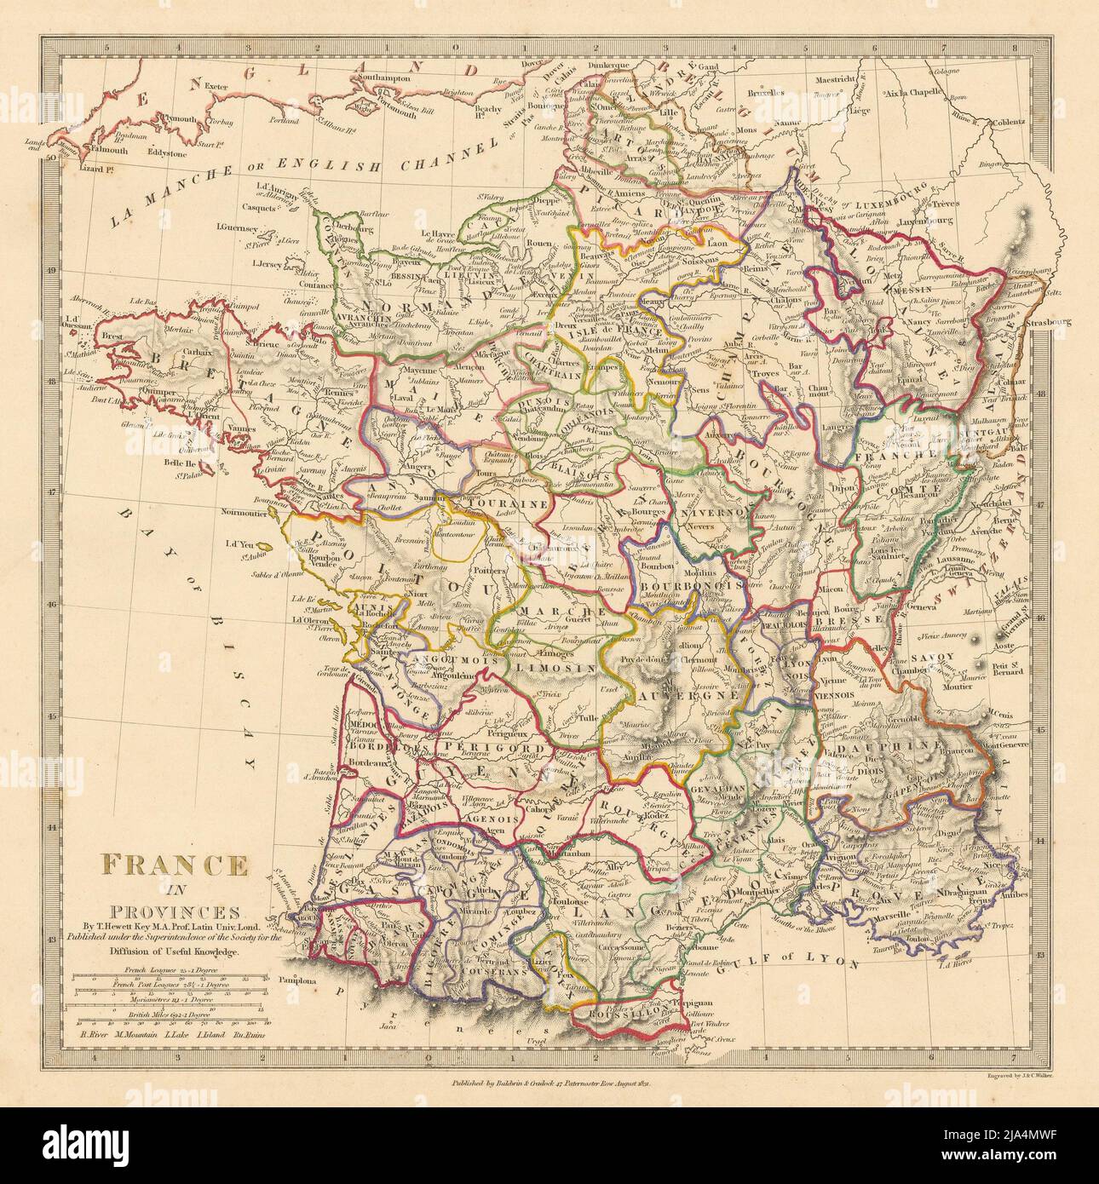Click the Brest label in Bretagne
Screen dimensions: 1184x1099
point(115,337)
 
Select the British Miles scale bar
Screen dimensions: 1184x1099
point(167,1021)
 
